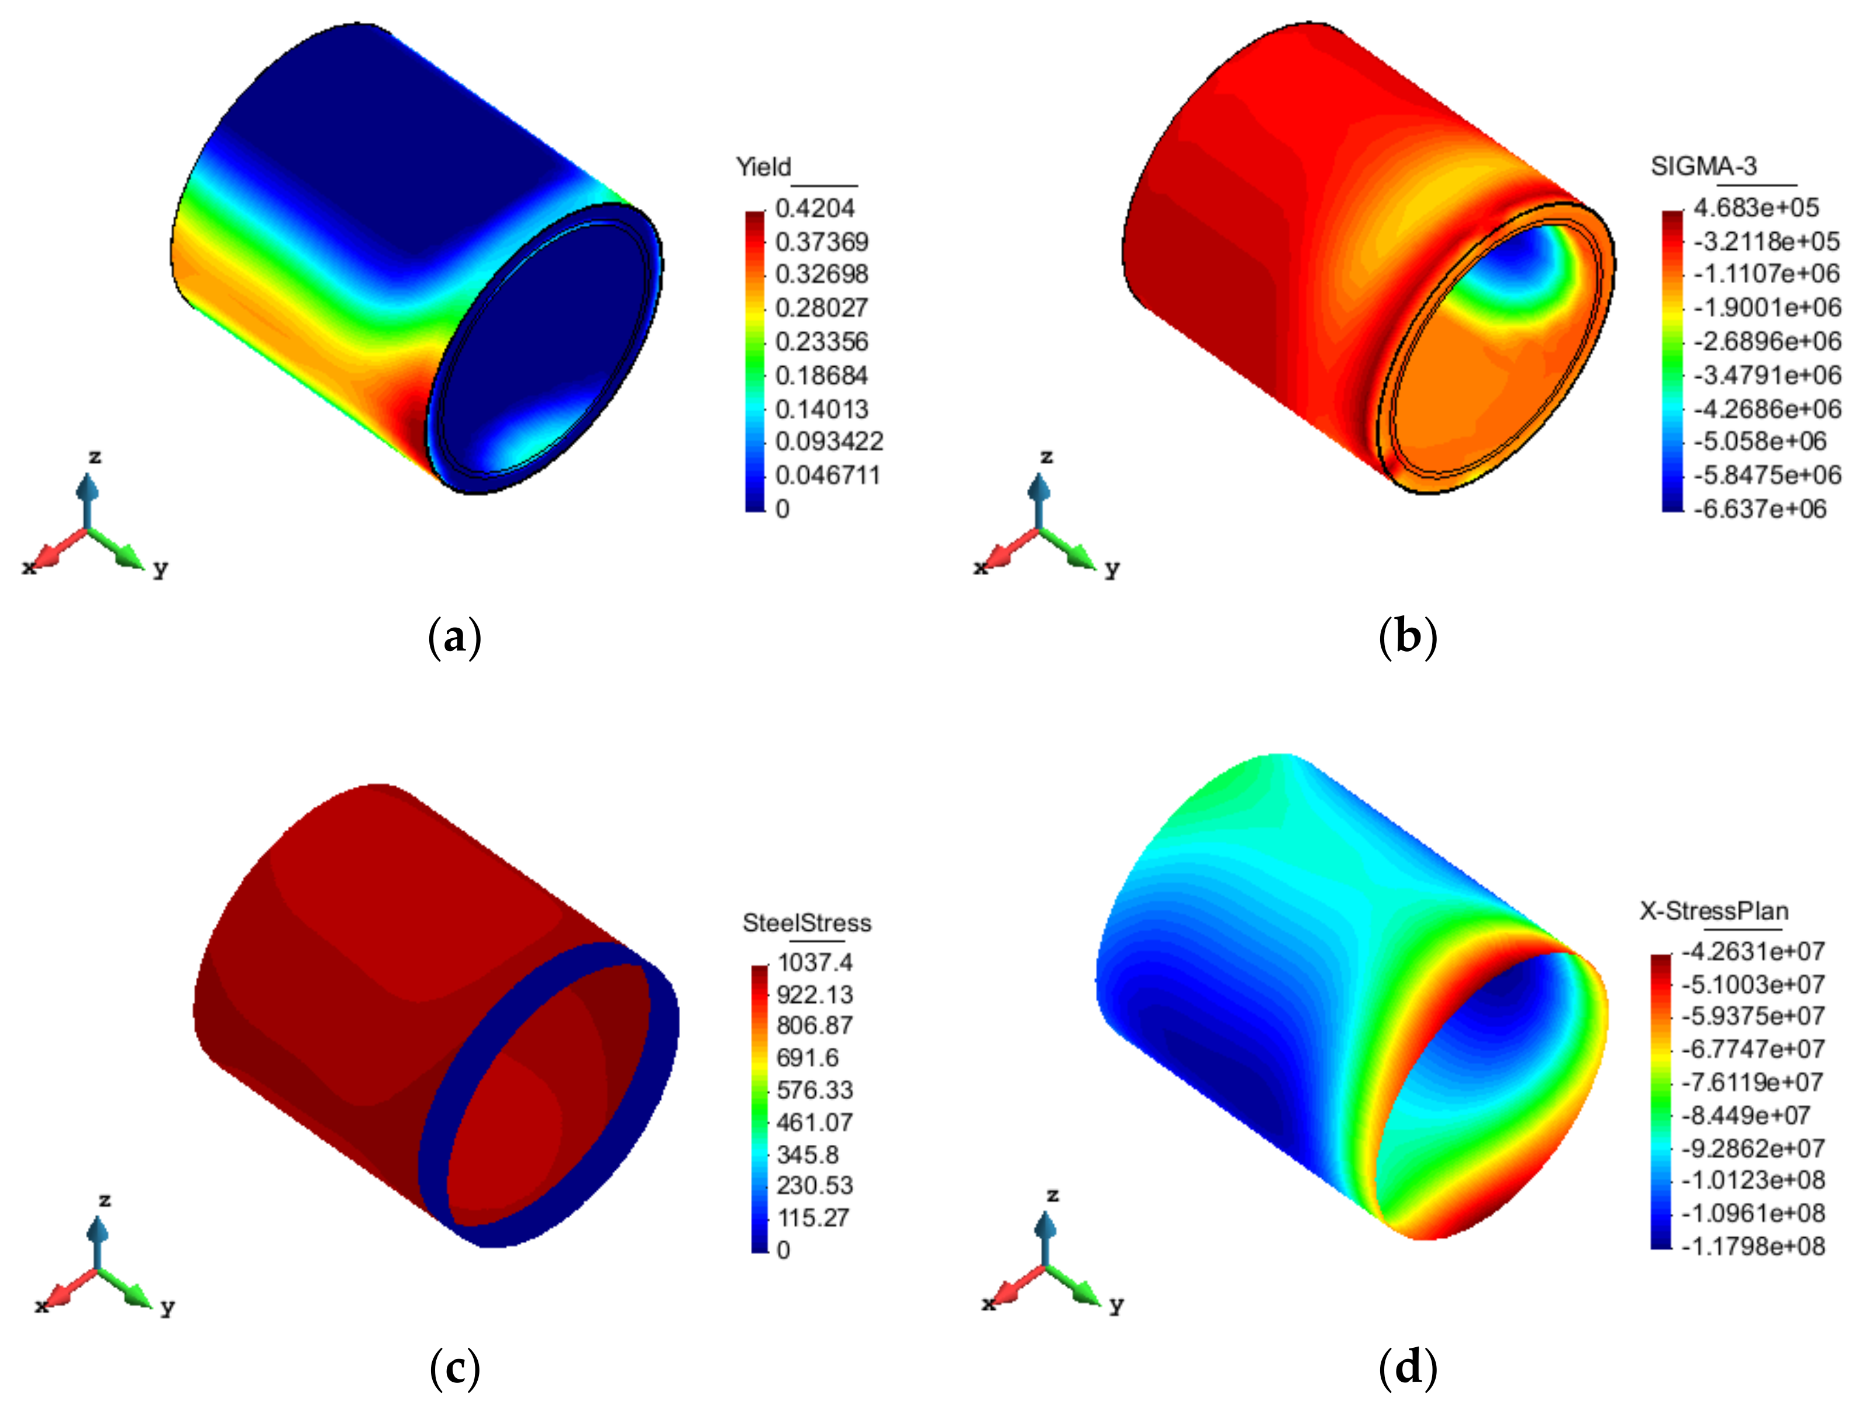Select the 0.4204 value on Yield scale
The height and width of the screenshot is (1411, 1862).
pos(814,208)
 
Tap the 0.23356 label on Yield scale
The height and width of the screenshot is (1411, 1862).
pos(820,342)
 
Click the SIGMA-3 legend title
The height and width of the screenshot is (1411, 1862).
pos(1703,167)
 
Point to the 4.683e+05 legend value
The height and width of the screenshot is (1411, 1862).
pos(1756,208)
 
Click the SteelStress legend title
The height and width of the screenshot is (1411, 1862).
pos(806,923)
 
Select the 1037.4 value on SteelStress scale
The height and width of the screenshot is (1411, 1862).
pos(815,961)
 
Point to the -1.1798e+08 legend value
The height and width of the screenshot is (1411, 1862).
pos(1753,1246)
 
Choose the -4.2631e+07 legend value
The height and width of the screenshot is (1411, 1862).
pos(1753,951)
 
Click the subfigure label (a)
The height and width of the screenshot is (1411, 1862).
pos(454,637)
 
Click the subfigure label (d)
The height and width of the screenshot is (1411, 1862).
pos(1408,1367)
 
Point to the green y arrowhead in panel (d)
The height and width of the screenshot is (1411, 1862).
pos(1086,1294)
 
